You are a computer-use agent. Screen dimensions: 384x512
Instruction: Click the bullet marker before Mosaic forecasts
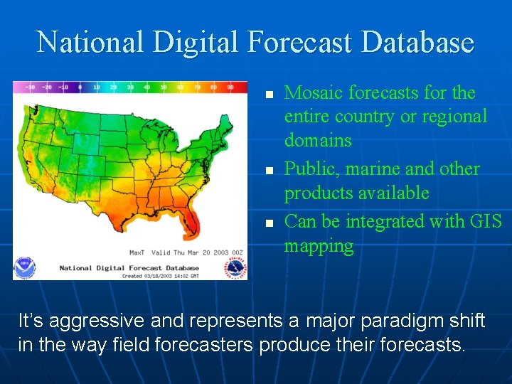click(269, 95)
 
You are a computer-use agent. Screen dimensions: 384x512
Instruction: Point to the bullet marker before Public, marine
click(269, 171)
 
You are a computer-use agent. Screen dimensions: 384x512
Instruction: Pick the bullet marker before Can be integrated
click(269, 223)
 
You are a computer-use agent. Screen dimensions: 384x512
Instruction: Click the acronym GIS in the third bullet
click(485, 222)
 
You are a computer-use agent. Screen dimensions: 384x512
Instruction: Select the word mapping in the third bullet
click(319, 246)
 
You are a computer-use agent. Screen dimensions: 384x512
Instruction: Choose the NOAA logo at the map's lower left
click(25, 267)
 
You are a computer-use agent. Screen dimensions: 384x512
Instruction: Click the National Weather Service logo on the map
click(235, 267)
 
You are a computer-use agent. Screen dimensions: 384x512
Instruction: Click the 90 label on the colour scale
click(230, 87)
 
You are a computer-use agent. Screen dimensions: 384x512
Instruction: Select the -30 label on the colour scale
click(30, 87)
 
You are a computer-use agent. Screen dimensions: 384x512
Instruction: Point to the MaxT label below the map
click(137, 252)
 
